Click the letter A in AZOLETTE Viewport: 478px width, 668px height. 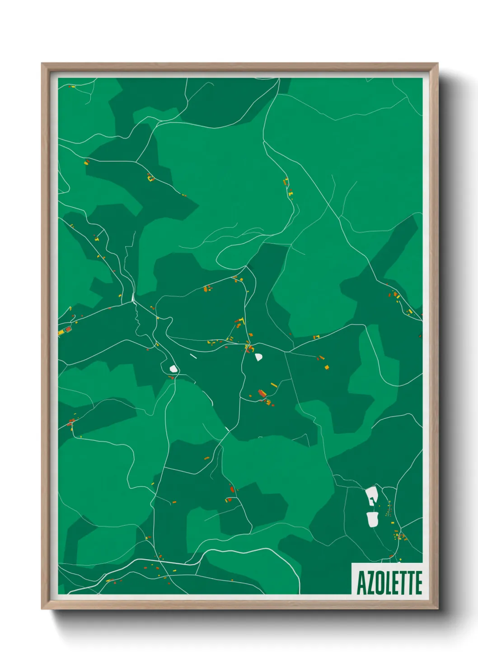click(361, 583)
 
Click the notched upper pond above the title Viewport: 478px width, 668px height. click(371, 496)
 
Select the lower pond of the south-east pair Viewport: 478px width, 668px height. click(372, 519)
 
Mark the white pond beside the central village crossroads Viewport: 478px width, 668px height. click(258, 357)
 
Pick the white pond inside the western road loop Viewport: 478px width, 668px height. click(173, 369)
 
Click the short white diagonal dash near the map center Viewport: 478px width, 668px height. click(193, 356)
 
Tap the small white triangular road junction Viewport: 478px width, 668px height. click(133, 297)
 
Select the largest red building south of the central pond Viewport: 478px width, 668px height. click(261, 394)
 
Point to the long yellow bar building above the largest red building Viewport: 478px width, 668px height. click(273, 385)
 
